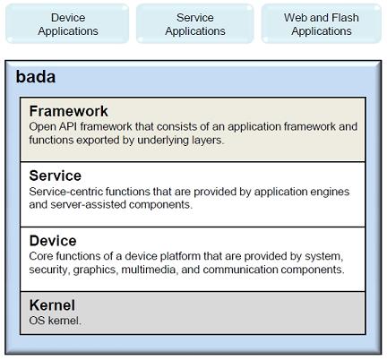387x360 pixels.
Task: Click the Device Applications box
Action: click(x=67, y=24)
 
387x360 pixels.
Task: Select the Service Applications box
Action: click(x=195, y=24)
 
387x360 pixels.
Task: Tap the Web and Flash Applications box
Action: click(x=322, y=24)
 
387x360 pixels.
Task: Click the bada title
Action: click(x=36, y=77)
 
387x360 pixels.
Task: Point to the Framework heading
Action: click(x=68, y=111)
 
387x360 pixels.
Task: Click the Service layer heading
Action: click(x=56, y=176)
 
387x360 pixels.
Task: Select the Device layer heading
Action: click(x=53, y=241)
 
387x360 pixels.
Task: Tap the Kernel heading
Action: click(x=52, y=305)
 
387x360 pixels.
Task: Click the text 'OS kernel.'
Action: click(x=56, y=321)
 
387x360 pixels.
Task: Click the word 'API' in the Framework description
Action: click(x=68, y=126)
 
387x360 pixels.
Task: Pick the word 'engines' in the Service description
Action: click(x=331, y=192)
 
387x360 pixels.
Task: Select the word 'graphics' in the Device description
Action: click(x=96, y=270)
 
